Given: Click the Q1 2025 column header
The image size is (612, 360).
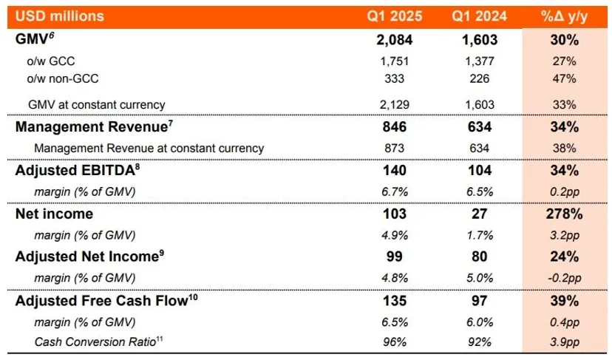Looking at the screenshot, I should pyautogui.click(x=395, y=16).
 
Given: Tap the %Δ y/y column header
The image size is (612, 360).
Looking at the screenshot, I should pyautogui.click(x=565, y=16).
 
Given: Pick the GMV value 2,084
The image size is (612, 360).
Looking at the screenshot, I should pyautogui.click(x=395, y=40).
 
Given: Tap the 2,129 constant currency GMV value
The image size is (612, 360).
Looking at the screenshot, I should pyautogui.click(x=395, y=105).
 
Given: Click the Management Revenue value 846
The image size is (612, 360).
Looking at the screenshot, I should pyautogui.click(x=395, y=127).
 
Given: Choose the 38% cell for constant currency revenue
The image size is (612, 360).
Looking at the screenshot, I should pyautogui.click(x=565, y=148).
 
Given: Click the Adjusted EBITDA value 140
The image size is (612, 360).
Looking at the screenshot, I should pyautogui.click(x=395, y=171).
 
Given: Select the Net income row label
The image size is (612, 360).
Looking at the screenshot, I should pyautogui.click(x=54, y=214).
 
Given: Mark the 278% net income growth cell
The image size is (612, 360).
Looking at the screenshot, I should pyautogui.click(x=565, y=214).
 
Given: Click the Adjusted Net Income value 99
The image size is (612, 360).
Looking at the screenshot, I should pyautogui.click(x=395, y=257).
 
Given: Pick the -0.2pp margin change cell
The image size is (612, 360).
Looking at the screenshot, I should pyautogui.click(x=565, y=278).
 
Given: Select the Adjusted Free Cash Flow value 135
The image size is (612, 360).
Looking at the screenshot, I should pyautogui.click(x=395, y=301).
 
